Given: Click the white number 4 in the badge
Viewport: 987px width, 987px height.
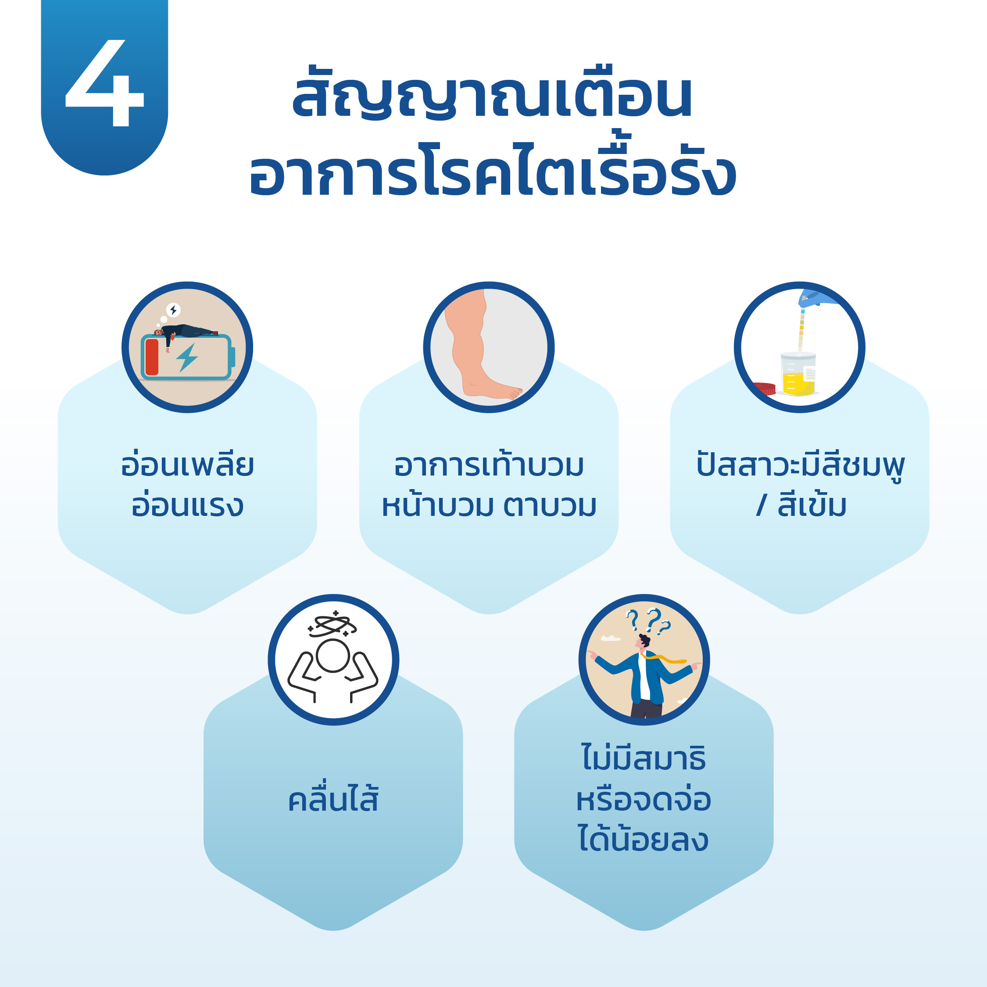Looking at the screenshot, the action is [x=105, y=82].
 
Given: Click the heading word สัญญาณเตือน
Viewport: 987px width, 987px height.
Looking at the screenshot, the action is [x=492, y=93].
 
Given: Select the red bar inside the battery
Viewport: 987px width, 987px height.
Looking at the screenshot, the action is [x=152, y=357].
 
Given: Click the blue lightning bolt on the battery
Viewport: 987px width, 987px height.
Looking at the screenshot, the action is [x=187, y=357].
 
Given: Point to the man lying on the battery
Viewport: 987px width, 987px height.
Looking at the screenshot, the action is [x=186, y=333].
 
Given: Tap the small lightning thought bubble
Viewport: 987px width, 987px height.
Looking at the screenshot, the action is [x=173, y=310].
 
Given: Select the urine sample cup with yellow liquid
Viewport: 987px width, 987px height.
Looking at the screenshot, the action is [x=798, y=373].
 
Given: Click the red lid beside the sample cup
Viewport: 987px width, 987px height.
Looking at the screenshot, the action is [x=764, y=388].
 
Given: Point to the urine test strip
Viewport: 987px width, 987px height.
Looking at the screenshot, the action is [x=801, y=329].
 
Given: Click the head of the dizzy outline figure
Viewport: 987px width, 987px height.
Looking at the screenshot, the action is [x=333, y=655].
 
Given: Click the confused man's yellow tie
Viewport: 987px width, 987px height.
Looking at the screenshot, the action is [x=665, y=659].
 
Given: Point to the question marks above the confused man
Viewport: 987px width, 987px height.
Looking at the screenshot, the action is [x=648, y=620].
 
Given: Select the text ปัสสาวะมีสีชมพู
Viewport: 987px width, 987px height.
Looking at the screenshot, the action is [x=800, y=466].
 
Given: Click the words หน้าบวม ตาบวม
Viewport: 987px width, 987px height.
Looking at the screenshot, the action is [x=489, y=506].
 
